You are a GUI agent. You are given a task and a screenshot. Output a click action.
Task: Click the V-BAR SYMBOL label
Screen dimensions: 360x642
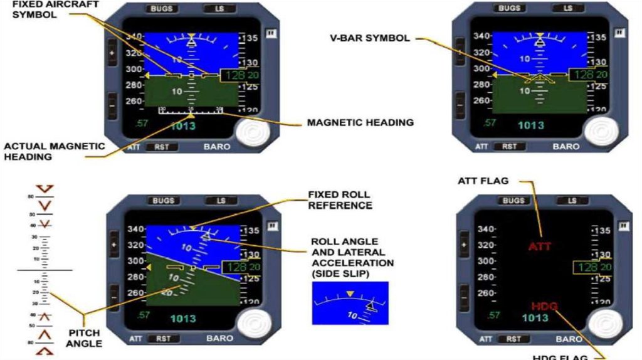370,38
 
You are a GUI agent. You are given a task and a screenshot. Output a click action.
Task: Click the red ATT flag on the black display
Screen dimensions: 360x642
539,246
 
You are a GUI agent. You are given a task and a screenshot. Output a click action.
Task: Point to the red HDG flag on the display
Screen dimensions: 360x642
544,306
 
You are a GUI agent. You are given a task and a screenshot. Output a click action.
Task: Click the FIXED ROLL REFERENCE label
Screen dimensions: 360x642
340,199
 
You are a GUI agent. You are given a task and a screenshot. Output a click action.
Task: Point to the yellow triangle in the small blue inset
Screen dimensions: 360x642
350,294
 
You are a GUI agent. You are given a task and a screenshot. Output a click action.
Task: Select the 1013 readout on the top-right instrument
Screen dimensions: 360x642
530,125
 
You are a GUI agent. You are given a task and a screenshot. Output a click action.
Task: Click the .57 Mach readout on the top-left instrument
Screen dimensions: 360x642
142,123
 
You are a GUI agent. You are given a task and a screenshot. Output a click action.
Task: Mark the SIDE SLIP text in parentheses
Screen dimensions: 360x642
339,275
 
